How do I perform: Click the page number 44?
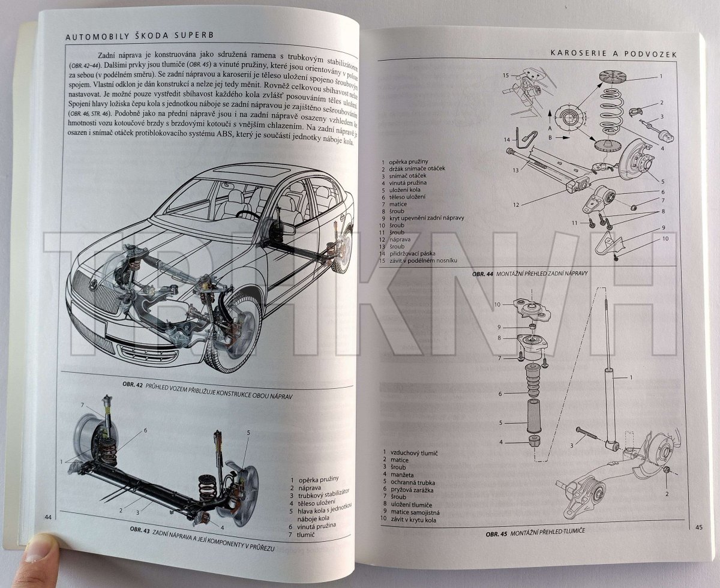point(47,517)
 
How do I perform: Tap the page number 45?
point(698,527)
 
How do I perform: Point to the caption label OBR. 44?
point(482,274)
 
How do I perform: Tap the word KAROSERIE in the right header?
point(578,53)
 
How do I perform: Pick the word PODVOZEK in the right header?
point(652,53)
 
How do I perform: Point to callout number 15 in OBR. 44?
point(506,75)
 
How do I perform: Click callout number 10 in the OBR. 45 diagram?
point(497,305)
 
